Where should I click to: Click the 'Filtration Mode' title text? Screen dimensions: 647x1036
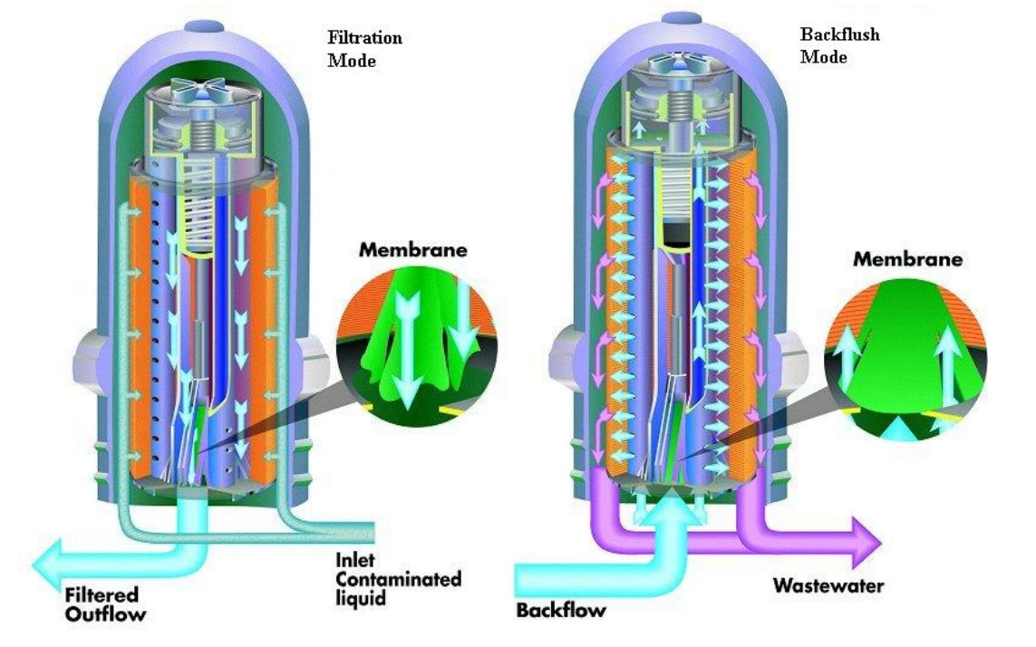click(364, 49)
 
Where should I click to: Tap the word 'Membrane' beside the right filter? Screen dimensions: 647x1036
click(907, 260)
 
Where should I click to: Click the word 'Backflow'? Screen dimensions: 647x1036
click(560, 610)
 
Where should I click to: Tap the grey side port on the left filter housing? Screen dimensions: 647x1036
click(86, 355)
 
